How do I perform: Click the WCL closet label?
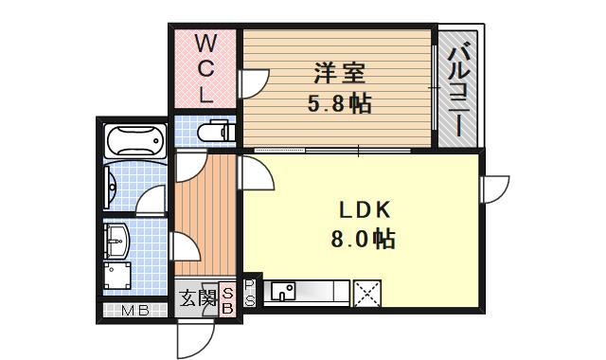point(205,68)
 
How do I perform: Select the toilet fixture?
point(217,132)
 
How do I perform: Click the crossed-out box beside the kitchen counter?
point(365,293)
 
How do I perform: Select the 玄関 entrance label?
point(197,300)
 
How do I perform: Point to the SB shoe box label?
point(228,299)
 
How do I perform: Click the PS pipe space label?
point(250,293)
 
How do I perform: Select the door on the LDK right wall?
point(494,189)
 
